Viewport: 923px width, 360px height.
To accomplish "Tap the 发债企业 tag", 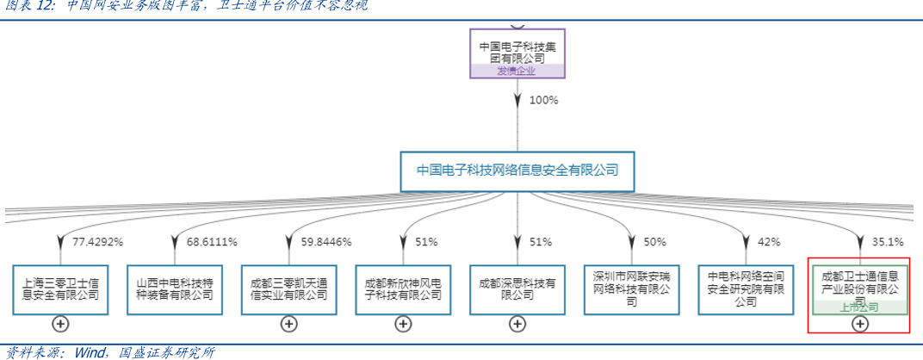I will (x=517, y=71).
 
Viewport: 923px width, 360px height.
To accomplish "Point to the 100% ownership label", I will (x=543, y=100).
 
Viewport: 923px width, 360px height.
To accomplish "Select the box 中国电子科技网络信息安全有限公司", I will (x=517, y=171).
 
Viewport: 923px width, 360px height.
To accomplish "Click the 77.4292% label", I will (x=97, y=242).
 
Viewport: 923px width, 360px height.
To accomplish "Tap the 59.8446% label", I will (x=326, y=242).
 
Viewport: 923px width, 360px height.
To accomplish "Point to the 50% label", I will (x=654, y=242).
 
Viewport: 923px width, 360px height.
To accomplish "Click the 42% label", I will (x=769, y=242).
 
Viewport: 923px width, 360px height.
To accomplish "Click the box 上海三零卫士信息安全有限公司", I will (x=60, y=289).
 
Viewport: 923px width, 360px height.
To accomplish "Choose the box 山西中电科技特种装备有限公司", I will (x=175, y=289).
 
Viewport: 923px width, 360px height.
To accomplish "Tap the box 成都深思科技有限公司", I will (x=517, y=289).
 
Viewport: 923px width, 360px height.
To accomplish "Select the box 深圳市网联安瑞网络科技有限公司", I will (x=631, y=289).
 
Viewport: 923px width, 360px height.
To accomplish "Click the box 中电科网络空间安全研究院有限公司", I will (x=746, y=289).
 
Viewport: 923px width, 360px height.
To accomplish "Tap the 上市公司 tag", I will (x=859, y=307).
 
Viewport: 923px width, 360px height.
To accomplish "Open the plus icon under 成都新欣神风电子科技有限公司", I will (x=403, y=324).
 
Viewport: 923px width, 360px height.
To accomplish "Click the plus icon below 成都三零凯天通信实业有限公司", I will (x=289, y=324).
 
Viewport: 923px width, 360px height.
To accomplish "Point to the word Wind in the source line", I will (x=90, y=351).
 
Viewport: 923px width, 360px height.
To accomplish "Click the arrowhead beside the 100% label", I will (x=517, y=101).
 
